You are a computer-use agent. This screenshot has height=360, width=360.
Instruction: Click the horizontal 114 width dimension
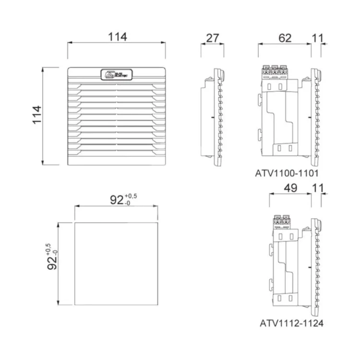pyautogui.click(x=117, y=37)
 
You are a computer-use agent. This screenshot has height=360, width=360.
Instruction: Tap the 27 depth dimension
pyautogui.click(x=212, y=38)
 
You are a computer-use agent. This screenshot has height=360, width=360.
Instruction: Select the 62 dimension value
pyautogui.click(x=285, y=38)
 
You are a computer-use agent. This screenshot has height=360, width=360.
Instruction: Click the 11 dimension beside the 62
pyautogui.click(x=317, y=38)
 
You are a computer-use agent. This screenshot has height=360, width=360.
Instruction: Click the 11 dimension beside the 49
pyautogui.click(x=317, y=188)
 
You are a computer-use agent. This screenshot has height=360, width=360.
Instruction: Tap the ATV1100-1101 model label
pyautogui.click(x=287, y=173)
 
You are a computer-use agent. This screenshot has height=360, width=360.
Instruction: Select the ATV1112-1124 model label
pyautogui.click(x=292, y=323)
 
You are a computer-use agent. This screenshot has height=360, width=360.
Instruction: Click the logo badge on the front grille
pyautogui.click(x=117, y=75)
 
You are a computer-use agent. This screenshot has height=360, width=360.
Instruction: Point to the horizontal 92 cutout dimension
pyautogui.click(x=117, y=200)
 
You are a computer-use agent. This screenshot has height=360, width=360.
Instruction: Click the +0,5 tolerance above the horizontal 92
pyautogui.click(x=131, y=195)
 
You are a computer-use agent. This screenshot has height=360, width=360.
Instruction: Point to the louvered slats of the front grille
pyautogui.click(x=117, y=120)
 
